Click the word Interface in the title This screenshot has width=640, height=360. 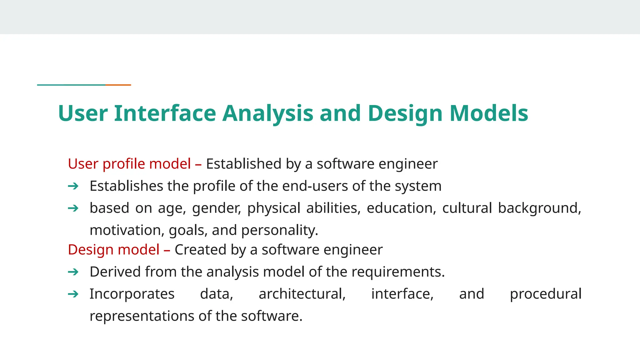click(165, 113)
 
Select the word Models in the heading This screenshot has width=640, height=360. click(489, 113)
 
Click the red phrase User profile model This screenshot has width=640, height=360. click(129, 164)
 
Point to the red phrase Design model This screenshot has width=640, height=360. click(114, 250)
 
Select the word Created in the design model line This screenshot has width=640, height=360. click(200, 250)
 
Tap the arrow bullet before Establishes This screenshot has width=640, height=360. click(73, 186)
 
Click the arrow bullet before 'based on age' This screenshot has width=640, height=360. click(73, 208)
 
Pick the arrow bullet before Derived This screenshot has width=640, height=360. click(73, 272)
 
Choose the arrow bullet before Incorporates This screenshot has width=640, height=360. click(73, 294)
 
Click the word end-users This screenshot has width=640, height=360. click(315, 186)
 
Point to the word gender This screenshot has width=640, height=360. click(216, 208)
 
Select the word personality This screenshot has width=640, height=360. click(279, 231)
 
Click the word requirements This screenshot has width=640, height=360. click(397, 272)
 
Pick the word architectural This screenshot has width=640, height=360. click(302, 294)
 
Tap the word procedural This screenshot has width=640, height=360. click(546, 294)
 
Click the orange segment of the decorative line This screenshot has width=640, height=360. click(118, 85)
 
